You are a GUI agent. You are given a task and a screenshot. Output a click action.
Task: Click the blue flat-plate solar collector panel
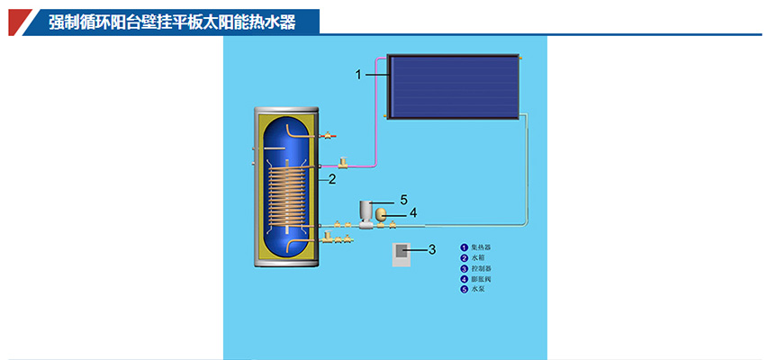(x=453, y=84)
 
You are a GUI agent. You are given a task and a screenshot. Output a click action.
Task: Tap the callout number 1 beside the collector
(x=358, y=75)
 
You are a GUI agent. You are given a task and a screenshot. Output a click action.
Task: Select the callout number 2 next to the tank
(x=332, y=179)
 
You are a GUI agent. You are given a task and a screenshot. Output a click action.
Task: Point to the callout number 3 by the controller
(x=431, y=248)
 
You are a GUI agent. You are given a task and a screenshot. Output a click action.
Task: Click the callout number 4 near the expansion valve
(x=413, y=213)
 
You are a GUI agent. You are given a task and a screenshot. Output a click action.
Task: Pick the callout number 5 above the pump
(x=404, y=199)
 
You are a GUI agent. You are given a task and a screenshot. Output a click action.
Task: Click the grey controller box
(x=402, y=254)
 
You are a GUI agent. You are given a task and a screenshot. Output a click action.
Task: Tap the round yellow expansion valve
(x=382, y=214)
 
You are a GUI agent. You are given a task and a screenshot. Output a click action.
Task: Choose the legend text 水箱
(x=477, y=257)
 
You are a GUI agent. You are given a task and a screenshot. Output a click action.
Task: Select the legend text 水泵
(x=477, y=290)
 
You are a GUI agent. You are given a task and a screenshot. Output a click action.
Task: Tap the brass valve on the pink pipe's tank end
(x=344, y=164)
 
